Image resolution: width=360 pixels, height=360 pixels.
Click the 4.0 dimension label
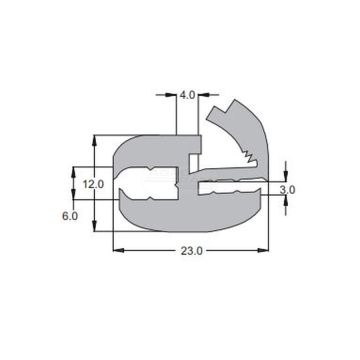187,96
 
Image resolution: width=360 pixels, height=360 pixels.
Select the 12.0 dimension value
93,184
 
